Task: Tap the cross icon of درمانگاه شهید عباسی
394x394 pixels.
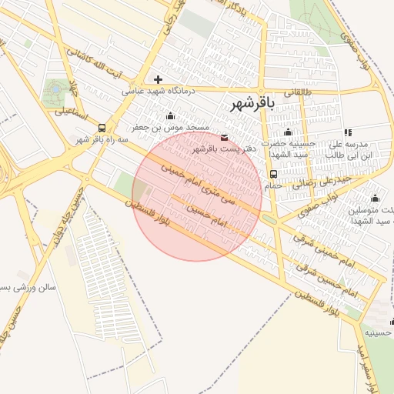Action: click(159, 79)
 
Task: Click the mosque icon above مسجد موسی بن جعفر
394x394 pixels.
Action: click(170, 116)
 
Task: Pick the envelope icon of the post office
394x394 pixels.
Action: click(224, 138)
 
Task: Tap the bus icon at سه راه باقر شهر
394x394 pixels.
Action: click(81, 128)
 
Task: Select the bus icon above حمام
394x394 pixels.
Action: click(274, 175)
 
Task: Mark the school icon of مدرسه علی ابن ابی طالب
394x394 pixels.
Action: click(348, 132)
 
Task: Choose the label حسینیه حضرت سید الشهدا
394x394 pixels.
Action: click(288, 149)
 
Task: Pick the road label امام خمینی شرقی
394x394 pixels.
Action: click(323, 249)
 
